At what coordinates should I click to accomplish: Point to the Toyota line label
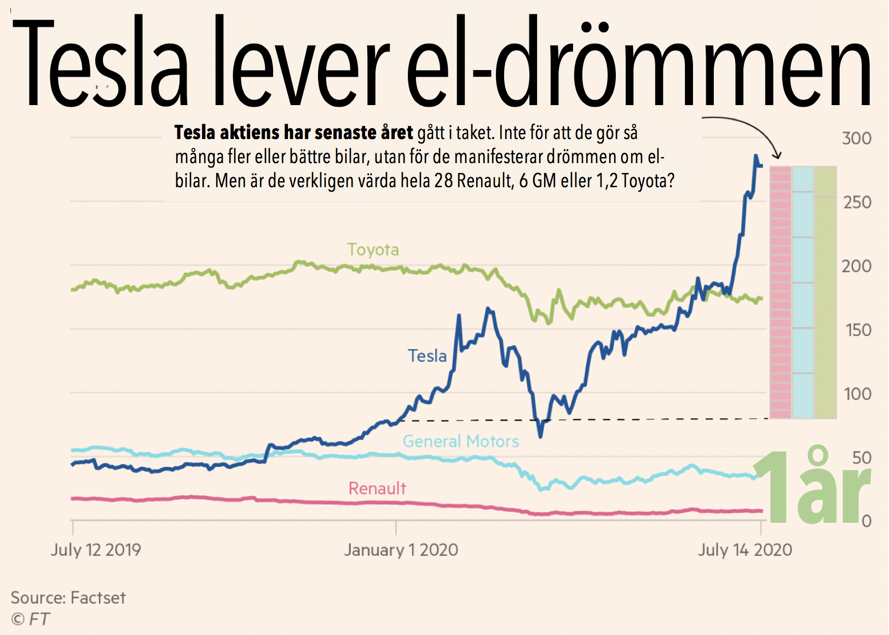point(373,250)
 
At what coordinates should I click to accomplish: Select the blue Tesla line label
point(427,356)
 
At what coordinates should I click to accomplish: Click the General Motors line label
point(461,441)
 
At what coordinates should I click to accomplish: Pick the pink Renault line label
point(377,488)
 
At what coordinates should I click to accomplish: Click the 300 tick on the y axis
point(857,138)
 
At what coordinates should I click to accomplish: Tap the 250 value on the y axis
point(857,203)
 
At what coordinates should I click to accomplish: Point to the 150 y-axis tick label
point(858,330)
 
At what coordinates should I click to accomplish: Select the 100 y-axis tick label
point(858,394)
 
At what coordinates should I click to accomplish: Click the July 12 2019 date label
point(96,550)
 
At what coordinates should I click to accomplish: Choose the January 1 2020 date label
point(401,550)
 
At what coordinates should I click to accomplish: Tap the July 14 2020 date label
point(744,550)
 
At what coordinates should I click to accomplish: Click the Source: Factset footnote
point(68,597)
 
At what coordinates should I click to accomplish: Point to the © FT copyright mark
point(31,619)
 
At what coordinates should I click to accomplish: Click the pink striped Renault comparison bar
point(781,293)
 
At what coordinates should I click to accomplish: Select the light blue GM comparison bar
point(803,293)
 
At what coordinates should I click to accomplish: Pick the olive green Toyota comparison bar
point(825,293)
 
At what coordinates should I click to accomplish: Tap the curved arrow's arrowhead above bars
point(777,155)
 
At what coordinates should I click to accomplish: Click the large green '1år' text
point(812,487)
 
